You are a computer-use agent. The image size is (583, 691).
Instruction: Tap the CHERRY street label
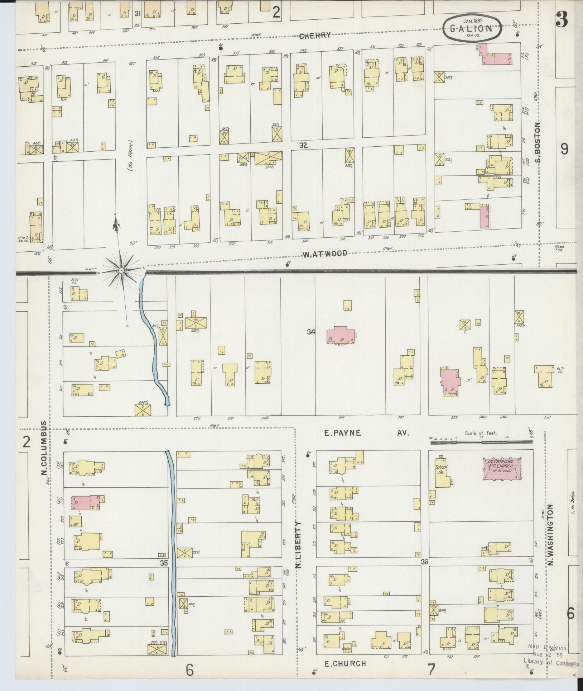coord(315,36)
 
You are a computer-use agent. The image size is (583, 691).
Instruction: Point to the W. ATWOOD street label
coord(325,254)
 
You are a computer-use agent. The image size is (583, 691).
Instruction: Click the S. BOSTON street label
coord(537,143)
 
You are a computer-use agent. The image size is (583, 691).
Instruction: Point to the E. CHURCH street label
coord(345,664)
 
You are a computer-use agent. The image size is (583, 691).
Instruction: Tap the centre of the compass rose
coord(121,270)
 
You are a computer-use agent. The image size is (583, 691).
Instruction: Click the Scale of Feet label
coord(481,433)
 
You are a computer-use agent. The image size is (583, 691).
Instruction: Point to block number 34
coord(311,332)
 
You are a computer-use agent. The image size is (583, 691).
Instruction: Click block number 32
coord(304,145)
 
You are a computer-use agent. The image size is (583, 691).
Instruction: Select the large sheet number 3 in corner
coord(562,20)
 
